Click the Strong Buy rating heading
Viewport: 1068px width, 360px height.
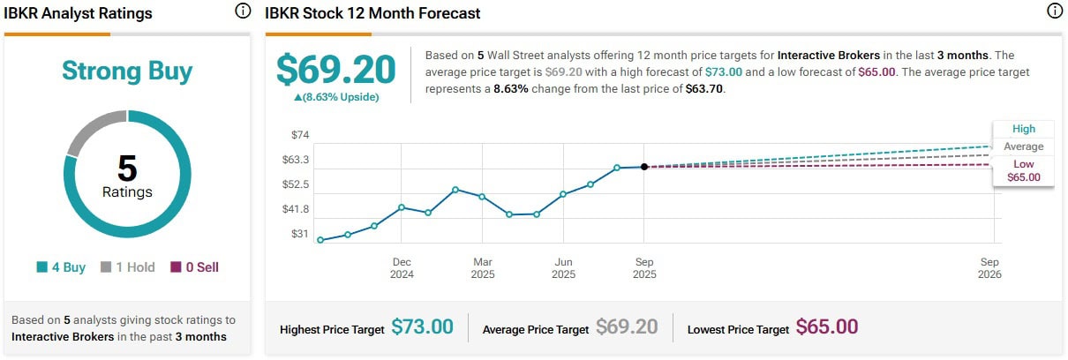127,71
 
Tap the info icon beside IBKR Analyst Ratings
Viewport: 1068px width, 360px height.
243,11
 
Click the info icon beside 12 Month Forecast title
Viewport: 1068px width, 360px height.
1053,11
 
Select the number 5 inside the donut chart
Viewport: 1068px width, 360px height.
127,168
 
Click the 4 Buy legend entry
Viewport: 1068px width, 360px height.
62,267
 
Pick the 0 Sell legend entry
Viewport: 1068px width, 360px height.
195,267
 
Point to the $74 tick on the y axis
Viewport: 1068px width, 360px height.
300,135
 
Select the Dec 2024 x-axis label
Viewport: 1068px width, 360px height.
402,267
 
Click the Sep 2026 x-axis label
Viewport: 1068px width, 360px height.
989,267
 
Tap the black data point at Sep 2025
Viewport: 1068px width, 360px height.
644,167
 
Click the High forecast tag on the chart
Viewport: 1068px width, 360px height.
1024,129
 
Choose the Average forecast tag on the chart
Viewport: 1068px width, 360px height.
1023,146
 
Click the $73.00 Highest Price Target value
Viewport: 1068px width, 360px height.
422,327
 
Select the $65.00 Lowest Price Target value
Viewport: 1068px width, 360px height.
827,327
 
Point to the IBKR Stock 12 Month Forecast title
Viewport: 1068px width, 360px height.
372,13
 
